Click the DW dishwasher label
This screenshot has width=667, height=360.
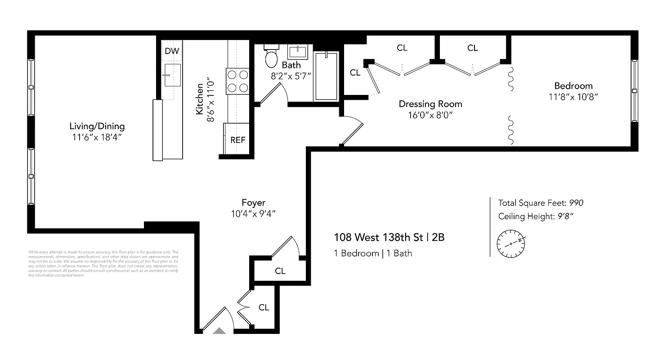[171, 51]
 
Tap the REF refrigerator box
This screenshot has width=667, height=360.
[237, 139]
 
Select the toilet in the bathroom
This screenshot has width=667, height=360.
[271, 57]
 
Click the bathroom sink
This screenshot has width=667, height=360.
[297, 52]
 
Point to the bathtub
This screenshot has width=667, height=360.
[326, 76]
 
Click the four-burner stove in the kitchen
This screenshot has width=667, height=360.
[238, 81]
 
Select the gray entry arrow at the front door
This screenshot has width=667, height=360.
[219, 331]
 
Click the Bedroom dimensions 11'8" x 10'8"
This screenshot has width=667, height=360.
[573, 97]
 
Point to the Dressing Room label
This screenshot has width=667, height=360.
[430, 104]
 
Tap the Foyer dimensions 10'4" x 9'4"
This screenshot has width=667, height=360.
[253, 214]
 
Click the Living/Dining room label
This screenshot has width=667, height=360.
[97, 126]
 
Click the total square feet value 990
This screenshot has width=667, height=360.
[576, 203]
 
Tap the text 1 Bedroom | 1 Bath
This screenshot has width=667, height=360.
[372, 253]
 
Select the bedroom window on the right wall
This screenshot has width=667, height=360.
[634, 90]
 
